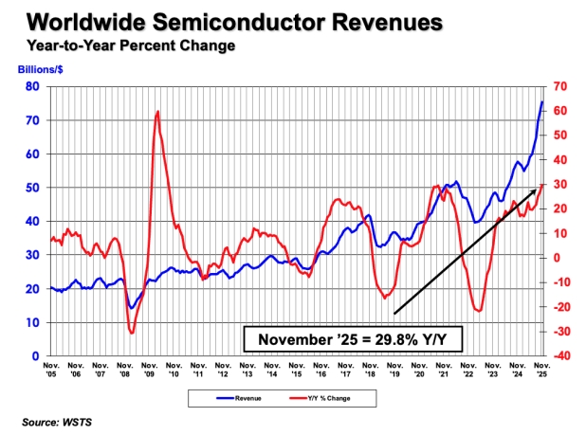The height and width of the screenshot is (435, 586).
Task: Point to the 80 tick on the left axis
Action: pyautogui.click(x=33, y=87)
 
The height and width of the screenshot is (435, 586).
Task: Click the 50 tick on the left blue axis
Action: pyautogui.click(x=33, y=188)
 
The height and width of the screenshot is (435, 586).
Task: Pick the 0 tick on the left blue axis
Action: pyautogui.click(x=36, y=356)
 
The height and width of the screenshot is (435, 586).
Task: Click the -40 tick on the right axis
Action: pyautogui.click(x=560, y=356)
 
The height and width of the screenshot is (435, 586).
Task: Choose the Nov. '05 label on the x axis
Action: pyautogui.click(x=51, y=369)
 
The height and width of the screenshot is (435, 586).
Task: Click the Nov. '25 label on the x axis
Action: pyautogui.click(x=542, y=369)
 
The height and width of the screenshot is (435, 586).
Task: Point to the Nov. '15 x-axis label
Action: pyautogui.click(x=297, y=369)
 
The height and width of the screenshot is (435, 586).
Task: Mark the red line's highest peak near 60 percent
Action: pyautogui.click(x=156, y=112)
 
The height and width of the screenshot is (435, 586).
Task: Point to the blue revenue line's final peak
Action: pyautogui.click(x=542, y=101)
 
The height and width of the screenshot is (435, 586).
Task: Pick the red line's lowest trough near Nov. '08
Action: pyautogui.click(x=131, y=332)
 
